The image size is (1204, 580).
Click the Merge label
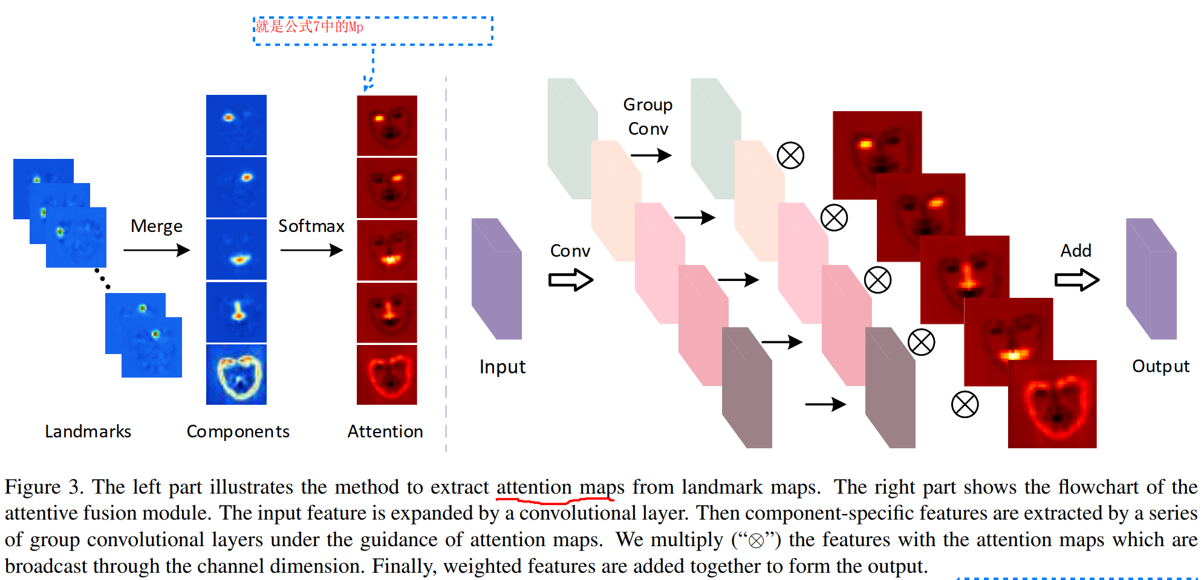[156, 226]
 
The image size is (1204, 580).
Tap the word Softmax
[311, 226]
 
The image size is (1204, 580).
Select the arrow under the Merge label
[157, 250]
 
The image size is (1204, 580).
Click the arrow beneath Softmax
[311, 250]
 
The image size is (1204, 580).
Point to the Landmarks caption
[88, 431]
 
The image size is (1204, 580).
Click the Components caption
[238, 431]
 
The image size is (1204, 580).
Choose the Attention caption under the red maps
[385, 431]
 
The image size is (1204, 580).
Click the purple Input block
[496, 279]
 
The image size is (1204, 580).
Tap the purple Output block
[1151, 279]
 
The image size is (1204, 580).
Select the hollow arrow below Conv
[571, 280]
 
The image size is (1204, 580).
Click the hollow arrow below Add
[1077, 280]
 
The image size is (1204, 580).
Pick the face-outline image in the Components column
[236, 375]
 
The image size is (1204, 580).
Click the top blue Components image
[236, 125]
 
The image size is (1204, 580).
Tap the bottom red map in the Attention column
[387, 375]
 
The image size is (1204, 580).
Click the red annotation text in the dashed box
[309, 27]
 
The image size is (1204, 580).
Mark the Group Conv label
[648, 117]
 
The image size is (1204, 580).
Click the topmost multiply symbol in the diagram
[790, 155]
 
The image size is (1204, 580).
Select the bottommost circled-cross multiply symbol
[965, 404]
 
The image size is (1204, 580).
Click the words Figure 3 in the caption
[42, 487]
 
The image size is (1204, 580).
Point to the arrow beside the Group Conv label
[651, 155]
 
